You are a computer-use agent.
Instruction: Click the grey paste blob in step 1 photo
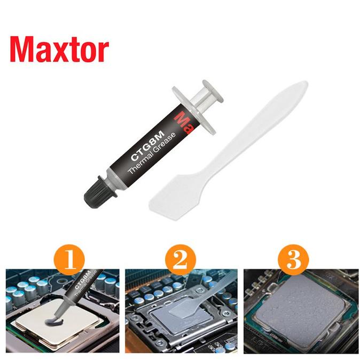point(52,319)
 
